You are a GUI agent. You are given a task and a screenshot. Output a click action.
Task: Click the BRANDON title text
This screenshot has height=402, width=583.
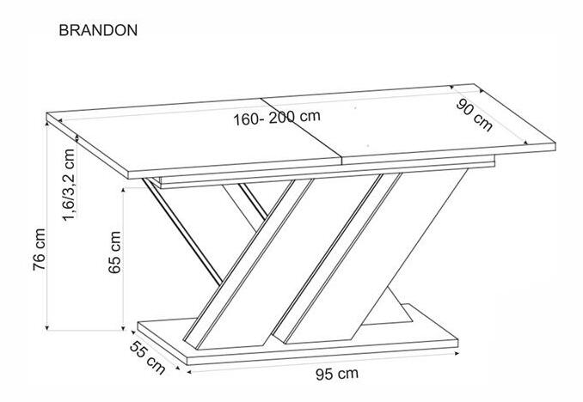(98, 30)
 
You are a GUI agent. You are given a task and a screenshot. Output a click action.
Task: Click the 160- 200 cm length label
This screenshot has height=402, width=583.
(277, 118)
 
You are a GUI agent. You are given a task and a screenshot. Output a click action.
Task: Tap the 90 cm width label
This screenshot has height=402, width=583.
(475, 116)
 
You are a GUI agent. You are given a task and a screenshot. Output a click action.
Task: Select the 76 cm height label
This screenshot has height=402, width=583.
(40, 249)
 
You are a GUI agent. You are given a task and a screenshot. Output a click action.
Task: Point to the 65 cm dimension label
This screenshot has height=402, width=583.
(114, 253)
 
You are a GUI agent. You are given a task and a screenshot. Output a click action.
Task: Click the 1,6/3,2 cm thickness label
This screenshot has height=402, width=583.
(69, 185)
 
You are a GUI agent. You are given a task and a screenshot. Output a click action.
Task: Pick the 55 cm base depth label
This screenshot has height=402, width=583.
(148, 357)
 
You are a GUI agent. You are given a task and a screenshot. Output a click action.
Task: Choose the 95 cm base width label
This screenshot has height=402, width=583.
(337, 374)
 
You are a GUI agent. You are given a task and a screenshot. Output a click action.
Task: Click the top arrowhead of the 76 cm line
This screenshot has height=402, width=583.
(46, 124)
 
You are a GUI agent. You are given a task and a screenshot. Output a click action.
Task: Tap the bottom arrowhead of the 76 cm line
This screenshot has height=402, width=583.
(46, 327)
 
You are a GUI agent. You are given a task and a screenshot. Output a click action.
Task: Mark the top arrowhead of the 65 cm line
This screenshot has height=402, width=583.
(123, 190)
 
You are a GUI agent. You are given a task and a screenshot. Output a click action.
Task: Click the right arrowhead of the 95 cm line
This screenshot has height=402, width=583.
(456, 354)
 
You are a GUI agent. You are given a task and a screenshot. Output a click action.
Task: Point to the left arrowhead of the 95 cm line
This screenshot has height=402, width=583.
(190, 370)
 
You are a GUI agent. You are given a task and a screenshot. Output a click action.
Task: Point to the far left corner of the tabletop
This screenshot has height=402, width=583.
(46, 113)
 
